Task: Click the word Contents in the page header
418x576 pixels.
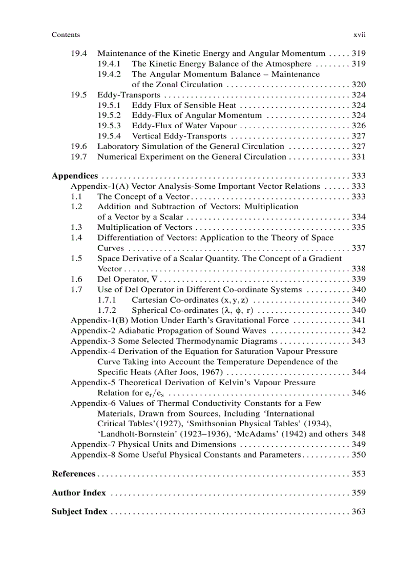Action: (x=66, y=35)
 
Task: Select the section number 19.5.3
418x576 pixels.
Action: (x=109, y=126)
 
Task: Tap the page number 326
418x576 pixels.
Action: (x=359, y=126)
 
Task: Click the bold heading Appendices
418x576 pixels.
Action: (x=75, y=176)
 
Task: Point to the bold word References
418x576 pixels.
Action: (x=74, y=473)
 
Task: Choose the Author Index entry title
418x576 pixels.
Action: (x=79, y=493)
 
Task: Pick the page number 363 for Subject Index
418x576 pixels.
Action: (x=359, y=511)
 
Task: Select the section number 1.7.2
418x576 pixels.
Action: (x=107, y=310)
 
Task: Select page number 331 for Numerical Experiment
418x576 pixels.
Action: (x=359, y=156)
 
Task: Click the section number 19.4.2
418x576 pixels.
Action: (x=109, y=74)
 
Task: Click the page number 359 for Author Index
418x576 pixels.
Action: (x=359, y=493)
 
